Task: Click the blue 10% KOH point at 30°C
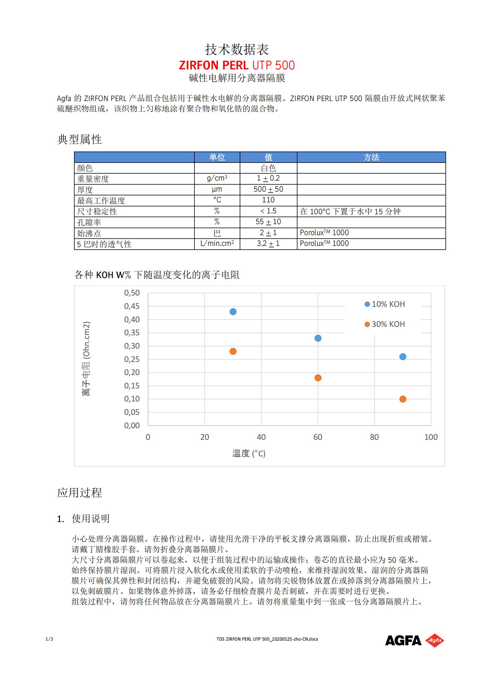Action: [x=233, y=312]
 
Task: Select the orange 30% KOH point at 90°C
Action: [x=403, y=399]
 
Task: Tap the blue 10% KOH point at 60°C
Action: [x=318, y=338]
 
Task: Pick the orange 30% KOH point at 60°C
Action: [x=318, y=378]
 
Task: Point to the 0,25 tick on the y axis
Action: [x=132, y=359]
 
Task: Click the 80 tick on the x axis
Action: [x=374, y=437]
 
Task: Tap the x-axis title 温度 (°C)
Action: [x=249, y=453]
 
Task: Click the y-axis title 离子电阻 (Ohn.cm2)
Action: [x=86, y=359]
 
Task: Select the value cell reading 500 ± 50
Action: [x=268, y=189]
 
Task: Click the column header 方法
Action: [x=371, y=157]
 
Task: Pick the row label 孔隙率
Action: [x=89, y=222]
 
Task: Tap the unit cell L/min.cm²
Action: [x=217, y=244]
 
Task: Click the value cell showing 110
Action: [x=268, y=200]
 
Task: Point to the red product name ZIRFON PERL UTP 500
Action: [x=237, y=65]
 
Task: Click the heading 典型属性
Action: [x=79, y=139]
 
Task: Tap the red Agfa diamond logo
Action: [x=434, y=641]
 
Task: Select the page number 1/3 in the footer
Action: [x=49, y=639]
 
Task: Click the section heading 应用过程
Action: [x=79, y=493]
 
